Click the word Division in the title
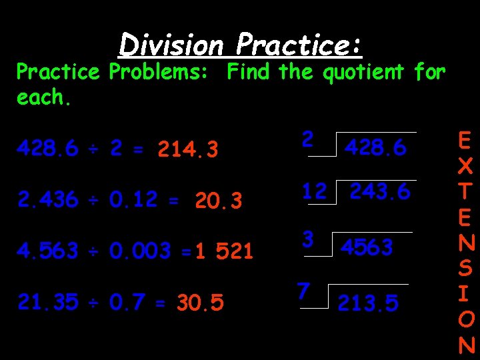pos(171,45)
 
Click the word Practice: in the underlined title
pos(299,45)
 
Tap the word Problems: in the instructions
pos(163,72)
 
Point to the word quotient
pos(363,72)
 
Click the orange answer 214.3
pos(188,151)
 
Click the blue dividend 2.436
pos(47,200)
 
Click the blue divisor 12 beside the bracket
pos(313,191)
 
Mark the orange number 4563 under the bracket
pos(367,247)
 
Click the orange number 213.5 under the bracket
pos(368,303)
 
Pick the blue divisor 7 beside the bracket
pos(303,291)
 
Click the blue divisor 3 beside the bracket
pos(308,239)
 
